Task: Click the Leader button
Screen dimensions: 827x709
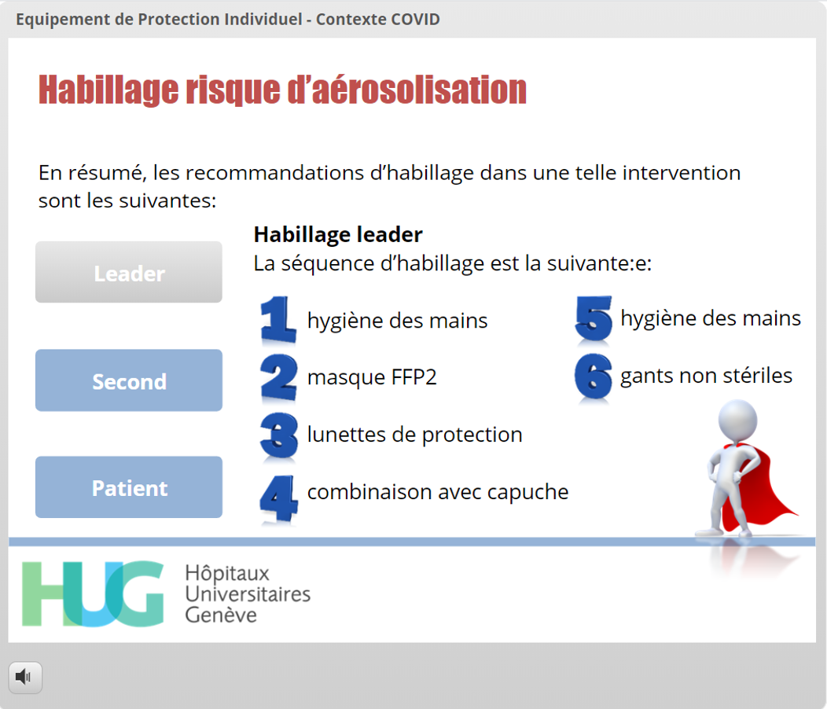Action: point(129,272)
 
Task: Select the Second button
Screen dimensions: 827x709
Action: point(129,380)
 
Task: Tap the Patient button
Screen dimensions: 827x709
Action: point(129,487)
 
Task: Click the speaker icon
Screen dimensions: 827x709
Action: point(25,677)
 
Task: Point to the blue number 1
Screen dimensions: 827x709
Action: point(278,320)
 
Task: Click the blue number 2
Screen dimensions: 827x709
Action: point(279,377)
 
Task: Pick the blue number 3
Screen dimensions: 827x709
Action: point(279,435)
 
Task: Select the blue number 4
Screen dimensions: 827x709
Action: point(279,498)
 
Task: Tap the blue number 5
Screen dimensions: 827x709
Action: point(594,318)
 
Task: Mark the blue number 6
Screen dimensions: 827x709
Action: point(594,377)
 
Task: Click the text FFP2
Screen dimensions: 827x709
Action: point(414,377)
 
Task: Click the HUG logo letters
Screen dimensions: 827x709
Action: point(93,593)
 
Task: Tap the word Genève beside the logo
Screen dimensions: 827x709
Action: point(221,615)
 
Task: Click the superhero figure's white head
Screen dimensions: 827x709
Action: point(738,420)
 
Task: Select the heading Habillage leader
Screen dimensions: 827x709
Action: point(338,235)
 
